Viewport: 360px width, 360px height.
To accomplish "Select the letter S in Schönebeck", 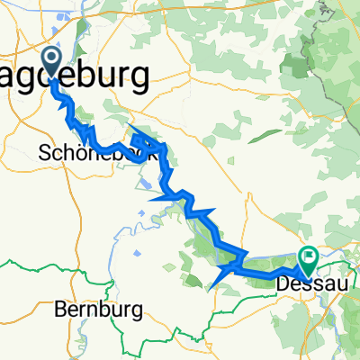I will [48, 153].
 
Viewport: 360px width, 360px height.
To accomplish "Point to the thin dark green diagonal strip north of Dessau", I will [260, 135].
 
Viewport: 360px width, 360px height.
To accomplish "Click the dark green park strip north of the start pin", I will [83, 36].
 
